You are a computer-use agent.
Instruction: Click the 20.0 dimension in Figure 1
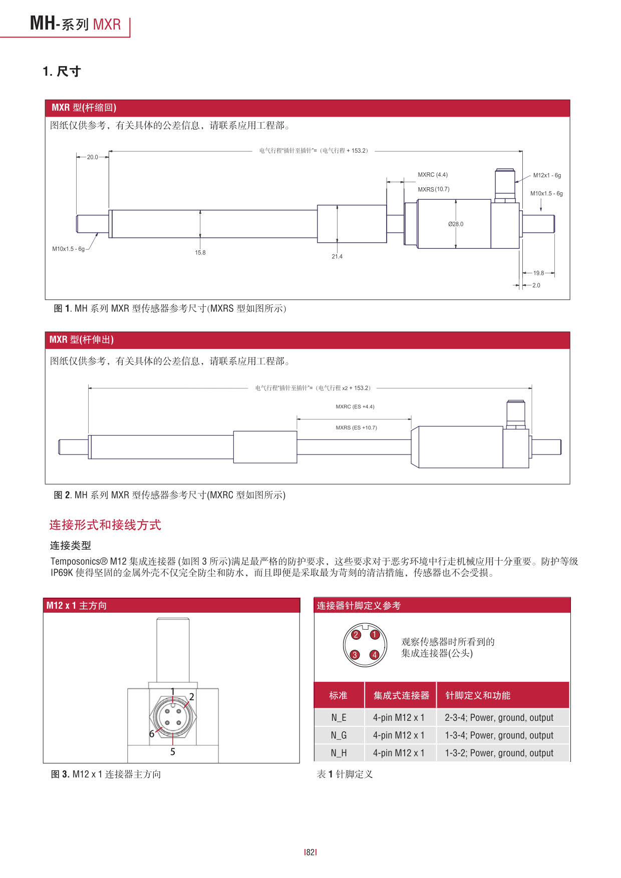(93, 157)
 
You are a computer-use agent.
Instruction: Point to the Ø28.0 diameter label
(456, 224)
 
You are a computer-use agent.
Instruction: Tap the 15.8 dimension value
(200, 253)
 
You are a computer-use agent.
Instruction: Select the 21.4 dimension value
(337, 257)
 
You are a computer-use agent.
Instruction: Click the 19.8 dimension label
(538, 273)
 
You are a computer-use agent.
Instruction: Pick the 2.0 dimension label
(536, 285)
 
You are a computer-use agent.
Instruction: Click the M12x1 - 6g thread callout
(547, 176)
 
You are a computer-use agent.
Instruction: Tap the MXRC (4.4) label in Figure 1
(433, 175)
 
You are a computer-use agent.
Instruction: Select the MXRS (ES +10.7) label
(356, 428)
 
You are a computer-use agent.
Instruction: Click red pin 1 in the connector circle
(374, 635)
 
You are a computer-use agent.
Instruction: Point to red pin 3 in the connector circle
(355, 655)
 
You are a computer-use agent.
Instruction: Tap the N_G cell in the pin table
(339, 735)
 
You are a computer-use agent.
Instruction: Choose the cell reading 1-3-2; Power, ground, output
(499, 753)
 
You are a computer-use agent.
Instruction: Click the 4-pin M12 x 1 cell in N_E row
(399, 718)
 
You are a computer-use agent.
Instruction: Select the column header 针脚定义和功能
(478, 695)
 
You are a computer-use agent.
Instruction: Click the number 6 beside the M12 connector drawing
(152, 734)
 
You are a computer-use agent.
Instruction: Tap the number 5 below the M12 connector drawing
(173, 752)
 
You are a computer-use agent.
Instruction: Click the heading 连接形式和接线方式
(105, 525)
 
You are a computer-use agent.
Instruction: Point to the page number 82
(310, 852)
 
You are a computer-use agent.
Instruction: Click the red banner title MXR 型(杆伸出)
(82, 340)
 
